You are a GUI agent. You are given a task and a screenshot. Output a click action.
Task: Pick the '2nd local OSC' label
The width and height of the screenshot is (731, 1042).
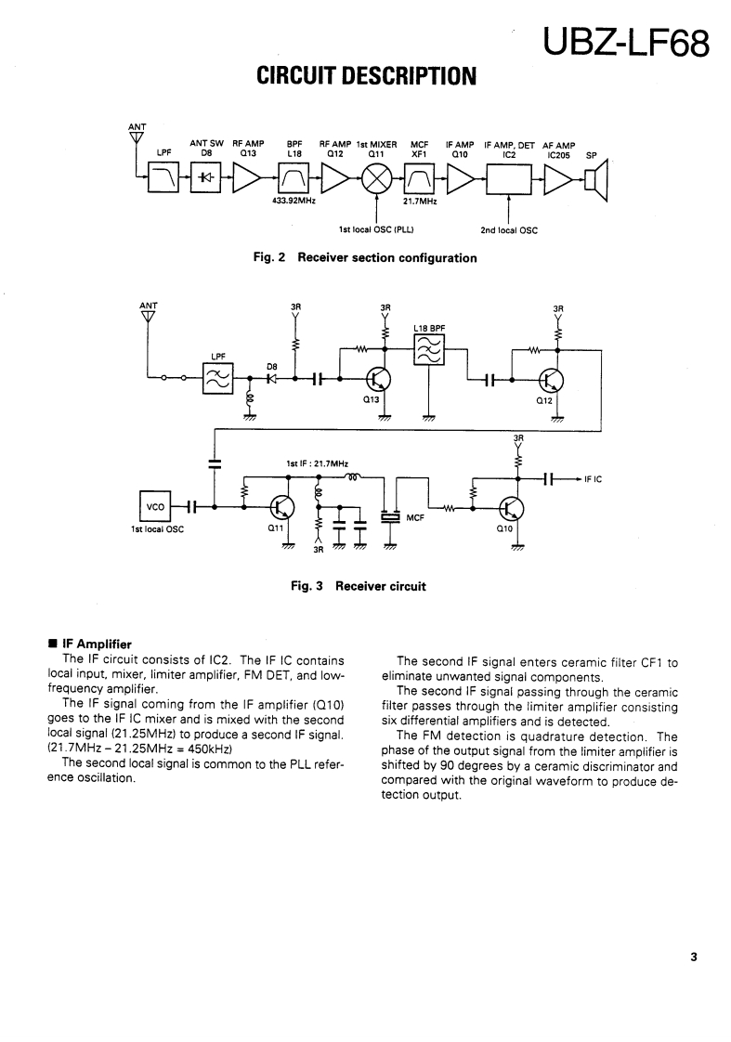pos(508,230)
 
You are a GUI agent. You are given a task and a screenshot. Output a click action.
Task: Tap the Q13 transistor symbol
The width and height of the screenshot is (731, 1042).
pos(379,380)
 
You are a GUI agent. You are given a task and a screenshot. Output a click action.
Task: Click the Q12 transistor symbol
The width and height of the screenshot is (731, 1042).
pos(553,380)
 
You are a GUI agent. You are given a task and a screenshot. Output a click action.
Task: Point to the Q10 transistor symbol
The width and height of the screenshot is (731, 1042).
pos(512,507)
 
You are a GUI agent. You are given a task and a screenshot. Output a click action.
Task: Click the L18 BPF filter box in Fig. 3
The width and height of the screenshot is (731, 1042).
pos(429,350)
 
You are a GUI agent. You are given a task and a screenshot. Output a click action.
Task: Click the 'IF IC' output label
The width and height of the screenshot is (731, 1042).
pos(593,479)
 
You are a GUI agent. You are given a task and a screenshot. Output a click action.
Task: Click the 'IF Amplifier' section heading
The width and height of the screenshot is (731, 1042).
pos(97,644)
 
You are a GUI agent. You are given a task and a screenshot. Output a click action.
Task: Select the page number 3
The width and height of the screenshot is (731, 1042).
pos(693,958)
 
